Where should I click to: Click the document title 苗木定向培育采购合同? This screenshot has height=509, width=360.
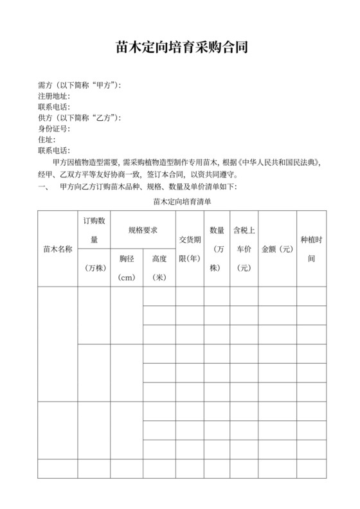[x=180, y=48]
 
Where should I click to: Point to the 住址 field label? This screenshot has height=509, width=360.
[x=47, y=139]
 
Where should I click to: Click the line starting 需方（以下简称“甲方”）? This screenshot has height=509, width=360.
[x=80, y=85]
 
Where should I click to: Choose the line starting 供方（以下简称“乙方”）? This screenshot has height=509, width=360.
[x=80, y=118]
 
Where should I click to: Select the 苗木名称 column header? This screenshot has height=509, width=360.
[x=58, y=248]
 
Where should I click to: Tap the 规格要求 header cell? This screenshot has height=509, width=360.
[x=143, y=229]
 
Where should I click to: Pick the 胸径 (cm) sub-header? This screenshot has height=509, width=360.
[x=127, y=267]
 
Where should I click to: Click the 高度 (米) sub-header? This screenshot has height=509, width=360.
[x=159, y=267]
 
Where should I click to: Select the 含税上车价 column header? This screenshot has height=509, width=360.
[x=244, y=247]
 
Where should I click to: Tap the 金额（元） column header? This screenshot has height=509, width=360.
[x=277, y=248]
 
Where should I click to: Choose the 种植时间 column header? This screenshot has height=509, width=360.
[x=311, y=248]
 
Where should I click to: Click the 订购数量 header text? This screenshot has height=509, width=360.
[x=94, y=229]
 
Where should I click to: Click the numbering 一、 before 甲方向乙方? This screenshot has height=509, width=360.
[x=44, y=187]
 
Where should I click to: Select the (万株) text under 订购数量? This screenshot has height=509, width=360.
[x=94, y=267]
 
